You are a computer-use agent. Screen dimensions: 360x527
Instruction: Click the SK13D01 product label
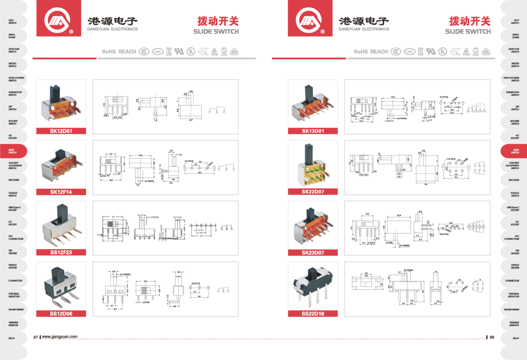[x=313, y=131]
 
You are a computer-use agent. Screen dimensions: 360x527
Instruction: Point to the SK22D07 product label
[x=313, y=191]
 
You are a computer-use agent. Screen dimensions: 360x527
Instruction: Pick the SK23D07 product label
[x=313, y=252]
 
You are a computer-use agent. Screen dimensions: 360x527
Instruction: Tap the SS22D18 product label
[x=313, y=313]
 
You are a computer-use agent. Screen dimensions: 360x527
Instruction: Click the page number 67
[x=36, y=337]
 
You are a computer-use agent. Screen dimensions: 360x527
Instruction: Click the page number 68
[x=492, y=337]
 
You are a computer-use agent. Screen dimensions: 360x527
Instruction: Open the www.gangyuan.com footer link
[x=60, y=337]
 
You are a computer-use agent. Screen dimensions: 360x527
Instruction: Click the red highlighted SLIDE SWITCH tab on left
[x=13, y=151]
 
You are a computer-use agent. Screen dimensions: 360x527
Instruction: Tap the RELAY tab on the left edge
[x=12, y=338]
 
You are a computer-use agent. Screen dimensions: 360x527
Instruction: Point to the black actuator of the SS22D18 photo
[x=314, y=276]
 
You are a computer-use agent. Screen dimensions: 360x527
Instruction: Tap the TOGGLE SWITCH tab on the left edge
[x=12, y=194]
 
